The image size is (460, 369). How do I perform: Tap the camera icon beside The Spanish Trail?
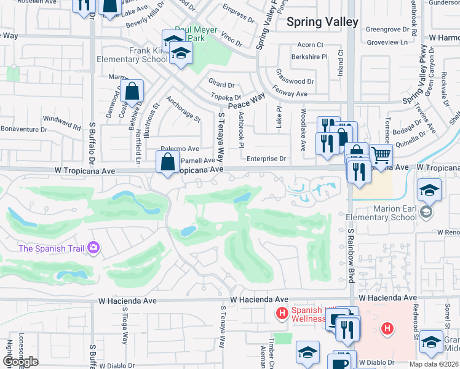(93, 248)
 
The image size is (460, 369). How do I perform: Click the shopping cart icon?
(381, 156)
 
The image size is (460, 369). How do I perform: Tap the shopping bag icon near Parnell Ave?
(167, 163)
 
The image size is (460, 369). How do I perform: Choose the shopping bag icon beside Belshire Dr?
(132, 92)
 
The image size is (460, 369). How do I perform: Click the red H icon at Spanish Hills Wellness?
(282, 314)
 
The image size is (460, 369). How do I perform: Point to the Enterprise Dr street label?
(267, 159)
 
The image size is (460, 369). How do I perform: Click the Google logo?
(20, 362)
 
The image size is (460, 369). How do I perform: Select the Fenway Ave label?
(291, 93)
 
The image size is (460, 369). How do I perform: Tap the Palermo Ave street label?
(180, 149)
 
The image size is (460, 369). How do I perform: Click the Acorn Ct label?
(310, 45)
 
